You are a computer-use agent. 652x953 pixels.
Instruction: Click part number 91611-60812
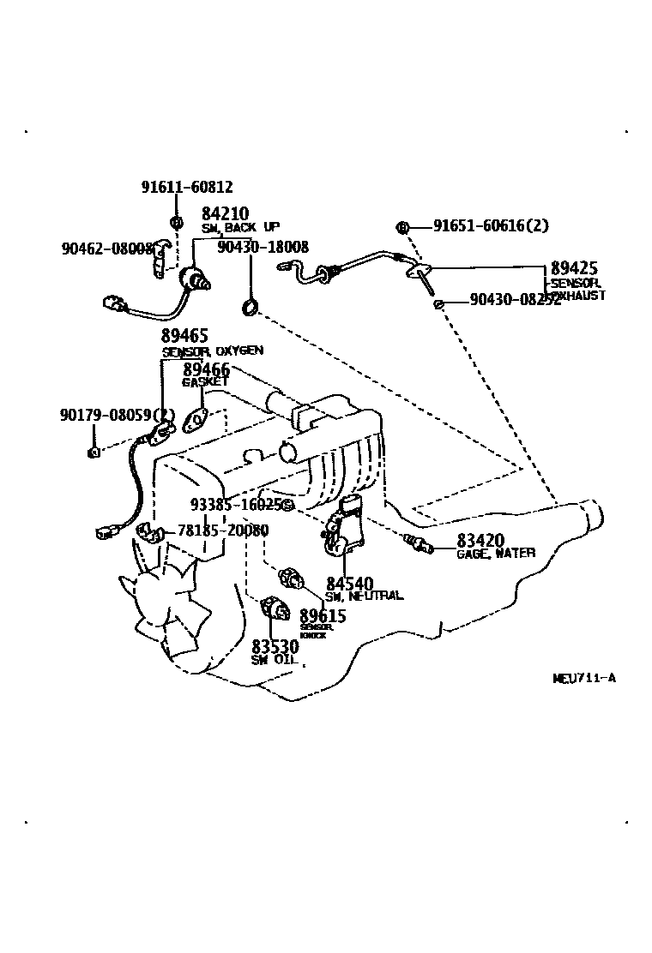point(186,188)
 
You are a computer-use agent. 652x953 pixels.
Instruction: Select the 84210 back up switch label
point(225,213)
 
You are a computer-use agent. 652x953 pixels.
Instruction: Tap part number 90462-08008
point(106,249)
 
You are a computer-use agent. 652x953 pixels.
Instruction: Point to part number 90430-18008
point(263,247)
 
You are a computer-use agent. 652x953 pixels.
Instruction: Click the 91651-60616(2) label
point(491,226)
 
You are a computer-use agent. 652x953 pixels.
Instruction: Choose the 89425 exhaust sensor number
point(574,268)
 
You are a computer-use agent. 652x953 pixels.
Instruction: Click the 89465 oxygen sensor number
point(184,336)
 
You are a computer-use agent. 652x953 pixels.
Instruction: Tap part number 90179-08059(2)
point(118,416)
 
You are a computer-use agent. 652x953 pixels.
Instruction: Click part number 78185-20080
point(222,530)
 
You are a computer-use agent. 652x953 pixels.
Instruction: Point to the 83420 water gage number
point(480,541)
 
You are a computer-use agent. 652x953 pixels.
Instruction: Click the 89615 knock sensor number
point(323,616)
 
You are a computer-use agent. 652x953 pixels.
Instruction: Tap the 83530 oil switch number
point(275,646)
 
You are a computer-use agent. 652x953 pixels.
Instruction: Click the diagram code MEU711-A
point(583,678)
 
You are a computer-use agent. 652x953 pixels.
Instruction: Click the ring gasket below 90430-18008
point(250,306)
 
